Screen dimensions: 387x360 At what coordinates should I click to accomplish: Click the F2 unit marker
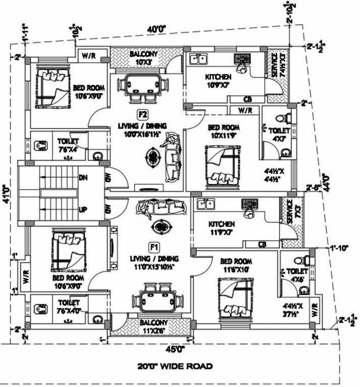pos(142,113)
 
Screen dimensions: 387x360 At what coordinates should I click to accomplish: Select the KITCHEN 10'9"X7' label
pos(218,80)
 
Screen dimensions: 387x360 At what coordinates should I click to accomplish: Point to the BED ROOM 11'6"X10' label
pos(236,266)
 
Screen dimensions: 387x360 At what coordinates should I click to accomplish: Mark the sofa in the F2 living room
pos(170,158)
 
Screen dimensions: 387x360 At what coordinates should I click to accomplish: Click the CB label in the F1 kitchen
pos(262,245)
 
